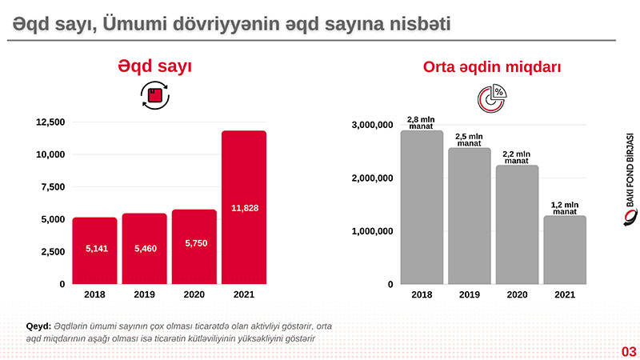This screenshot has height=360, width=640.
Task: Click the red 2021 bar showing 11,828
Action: point(243,206)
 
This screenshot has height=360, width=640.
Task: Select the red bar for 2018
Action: point(94,250)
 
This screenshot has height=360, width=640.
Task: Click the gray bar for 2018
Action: point(422,207)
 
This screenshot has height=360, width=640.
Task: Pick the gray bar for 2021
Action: point(565,250)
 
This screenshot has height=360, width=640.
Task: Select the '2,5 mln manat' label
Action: point(469,140)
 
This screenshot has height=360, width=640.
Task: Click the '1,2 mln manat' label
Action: point(565,208)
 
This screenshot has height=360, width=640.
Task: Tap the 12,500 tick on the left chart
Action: point(50,122)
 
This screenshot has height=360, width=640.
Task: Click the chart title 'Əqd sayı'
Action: point(154,66)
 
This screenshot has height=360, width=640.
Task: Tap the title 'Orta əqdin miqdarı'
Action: point(491,68)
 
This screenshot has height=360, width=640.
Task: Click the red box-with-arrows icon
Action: point(154,96)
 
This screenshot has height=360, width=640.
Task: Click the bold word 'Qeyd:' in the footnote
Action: point(38,326)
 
